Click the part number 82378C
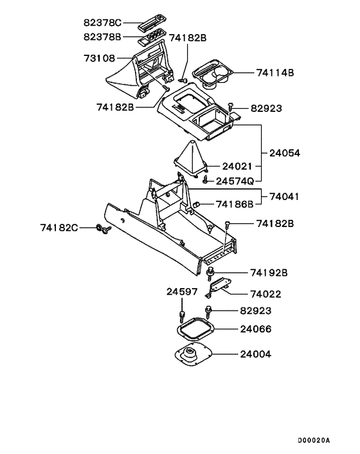pyautogui.click(x=103, y=23)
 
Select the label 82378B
pyautogui.click(x=102, y=37)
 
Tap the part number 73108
pyautogui.click(x=100, y=59)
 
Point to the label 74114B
pyautogui.click(x=275, y=73)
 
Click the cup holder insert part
pyautogui.click(x=213, y=74)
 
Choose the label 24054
pyautogui.click(x=285, y=153)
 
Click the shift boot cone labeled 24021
pyautogui.click(x=190, y=159)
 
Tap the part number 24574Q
pyautogui.click(x=235, y=181)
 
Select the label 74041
pyautogui.click(x=284, y=197)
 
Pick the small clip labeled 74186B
pyautogui.click(x=197, y=204)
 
